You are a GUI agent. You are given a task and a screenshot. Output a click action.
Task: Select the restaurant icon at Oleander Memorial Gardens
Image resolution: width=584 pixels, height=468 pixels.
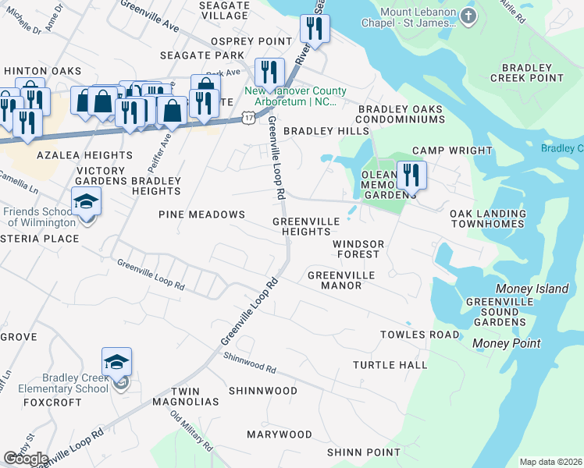pos(411,175)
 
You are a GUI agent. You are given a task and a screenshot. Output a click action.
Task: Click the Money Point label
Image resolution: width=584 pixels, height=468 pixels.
pos(506,343)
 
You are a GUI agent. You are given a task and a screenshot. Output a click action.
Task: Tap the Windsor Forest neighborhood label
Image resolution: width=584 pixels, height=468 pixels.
pos(358,249)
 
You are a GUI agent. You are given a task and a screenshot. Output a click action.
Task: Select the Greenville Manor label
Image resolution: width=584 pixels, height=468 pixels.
pos(341,280)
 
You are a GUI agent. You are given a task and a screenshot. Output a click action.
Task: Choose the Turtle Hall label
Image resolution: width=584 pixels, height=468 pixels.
pos(390,365)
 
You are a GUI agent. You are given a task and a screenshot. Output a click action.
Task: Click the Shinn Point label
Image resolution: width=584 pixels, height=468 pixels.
pos(363,452)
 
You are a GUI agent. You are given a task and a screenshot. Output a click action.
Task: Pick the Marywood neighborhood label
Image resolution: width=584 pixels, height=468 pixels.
pos(280,434)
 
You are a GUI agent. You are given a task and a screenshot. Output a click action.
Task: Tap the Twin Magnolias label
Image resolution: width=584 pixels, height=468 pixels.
pos(195,396)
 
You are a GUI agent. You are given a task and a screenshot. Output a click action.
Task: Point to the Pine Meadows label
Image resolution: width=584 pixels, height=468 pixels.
pos(201,214)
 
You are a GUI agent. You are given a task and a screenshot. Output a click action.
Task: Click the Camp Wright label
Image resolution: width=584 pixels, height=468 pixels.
pos(452,151)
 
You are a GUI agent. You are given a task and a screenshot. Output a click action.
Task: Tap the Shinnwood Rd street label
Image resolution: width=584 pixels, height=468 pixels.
pos(250,363)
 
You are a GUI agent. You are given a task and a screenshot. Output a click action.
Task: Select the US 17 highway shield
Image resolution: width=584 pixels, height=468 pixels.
pos(247,117)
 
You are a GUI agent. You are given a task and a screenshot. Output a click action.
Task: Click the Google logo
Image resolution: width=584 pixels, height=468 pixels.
pos(26,459)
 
